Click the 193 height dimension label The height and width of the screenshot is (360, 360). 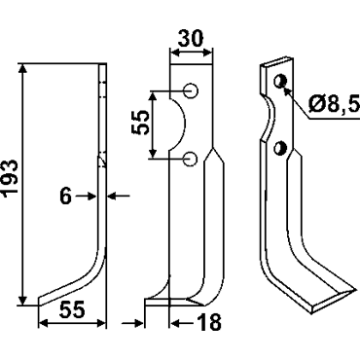(x=10, y=178)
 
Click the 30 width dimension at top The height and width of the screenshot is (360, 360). (x=192, y=39)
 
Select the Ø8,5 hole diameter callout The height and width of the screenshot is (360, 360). (x=334, y=104)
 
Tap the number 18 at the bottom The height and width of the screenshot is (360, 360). (x=209, y=322)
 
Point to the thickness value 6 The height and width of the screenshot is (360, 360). (x=66, y=197)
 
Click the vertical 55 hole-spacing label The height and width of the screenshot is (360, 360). (x=140, y=122)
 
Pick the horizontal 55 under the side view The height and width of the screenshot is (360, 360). (x=72, y=309)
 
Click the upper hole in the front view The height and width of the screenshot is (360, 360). (x=192, y=90)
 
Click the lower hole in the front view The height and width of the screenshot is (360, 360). (x=191, y=159)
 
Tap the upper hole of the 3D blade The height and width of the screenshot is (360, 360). (x=280, y=81)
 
